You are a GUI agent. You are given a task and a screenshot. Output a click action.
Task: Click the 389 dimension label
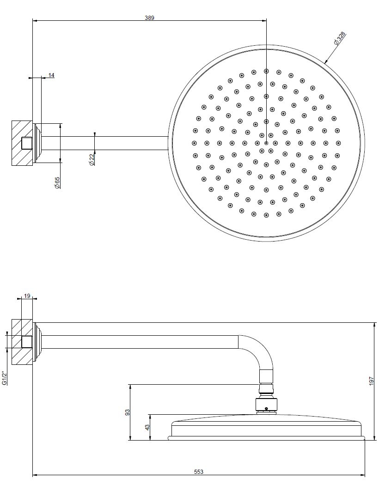point(149,18)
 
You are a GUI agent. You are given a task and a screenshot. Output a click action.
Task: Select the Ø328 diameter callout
point(339,38)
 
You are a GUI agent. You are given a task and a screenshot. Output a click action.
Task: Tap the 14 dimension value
point(51,75)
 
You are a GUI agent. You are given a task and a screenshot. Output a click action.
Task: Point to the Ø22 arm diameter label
point(92,159)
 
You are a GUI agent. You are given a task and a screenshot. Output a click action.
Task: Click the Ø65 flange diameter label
point(57,182)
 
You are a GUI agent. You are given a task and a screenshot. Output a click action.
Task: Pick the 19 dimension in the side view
point(27,296)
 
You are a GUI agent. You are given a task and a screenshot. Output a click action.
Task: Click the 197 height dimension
point(371,381)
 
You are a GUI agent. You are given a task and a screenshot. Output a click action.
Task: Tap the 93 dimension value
point(127,412)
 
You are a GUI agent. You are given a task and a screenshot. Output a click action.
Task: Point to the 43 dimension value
point(147,427)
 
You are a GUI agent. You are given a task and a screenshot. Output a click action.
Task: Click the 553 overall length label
point(199,472)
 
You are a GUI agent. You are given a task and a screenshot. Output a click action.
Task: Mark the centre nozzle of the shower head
point(266,143)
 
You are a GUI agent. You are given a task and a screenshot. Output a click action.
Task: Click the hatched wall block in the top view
point(22,143)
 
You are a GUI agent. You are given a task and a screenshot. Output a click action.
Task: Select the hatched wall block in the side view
point(22,342)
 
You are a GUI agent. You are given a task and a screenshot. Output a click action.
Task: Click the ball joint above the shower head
point(266,404)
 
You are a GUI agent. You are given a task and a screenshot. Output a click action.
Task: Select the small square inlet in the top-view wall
point(27,143)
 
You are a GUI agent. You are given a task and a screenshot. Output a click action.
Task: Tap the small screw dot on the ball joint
point(266,409)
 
